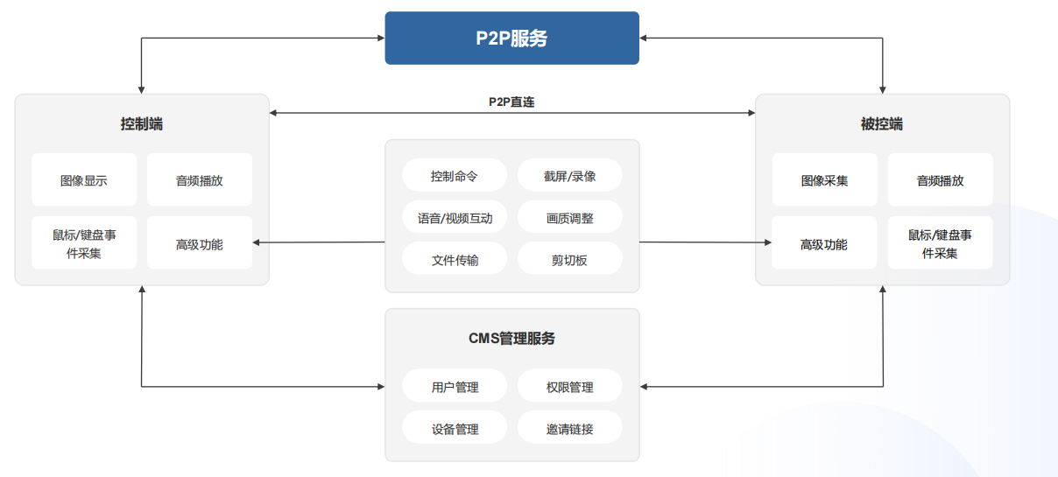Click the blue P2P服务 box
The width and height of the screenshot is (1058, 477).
pyautogui.click(x=511, y=38)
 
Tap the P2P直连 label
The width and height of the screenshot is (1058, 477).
pyautogui.click(x=511, y=102)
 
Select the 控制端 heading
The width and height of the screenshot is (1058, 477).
pyautogui.click(x=142, y=124)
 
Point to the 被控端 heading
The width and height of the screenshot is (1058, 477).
pyautogui.click(x=882, y=124)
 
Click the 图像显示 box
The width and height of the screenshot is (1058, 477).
pyautogui.click(x=84, y=180)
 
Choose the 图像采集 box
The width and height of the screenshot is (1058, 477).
pyautogui.click(x=824, y=180)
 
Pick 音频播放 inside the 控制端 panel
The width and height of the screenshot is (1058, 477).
pyautogui.click(x=200, y=180)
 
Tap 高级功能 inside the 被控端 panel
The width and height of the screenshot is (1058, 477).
pyautogui.click(x=824, y=244)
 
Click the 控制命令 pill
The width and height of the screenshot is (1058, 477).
pyautogui.click(x=455, y=175)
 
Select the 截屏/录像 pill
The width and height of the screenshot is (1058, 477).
pyautogui.click(x=569, y=175)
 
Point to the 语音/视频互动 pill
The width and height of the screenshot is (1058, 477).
pyautogui.click(x=455, y=218)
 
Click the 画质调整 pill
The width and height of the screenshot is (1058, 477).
pyautogui.click(x=569, y=218)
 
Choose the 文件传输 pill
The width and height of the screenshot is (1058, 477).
pyautogui.click(x=455, y=260)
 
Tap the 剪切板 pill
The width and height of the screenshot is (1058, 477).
pyautogui.click(x=569, y=260)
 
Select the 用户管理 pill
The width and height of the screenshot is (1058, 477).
pyautogui.click(x=455, y=387)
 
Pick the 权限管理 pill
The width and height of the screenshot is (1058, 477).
pyautogui.click(x=569, y=387)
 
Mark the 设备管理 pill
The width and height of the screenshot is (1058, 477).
pyautogui.click(x=455, y=429)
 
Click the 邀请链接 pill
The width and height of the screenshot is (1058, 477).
pyautogui.click(x=569, y=429)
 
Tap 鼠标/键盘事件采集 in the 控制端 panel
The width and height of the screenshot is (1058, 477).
pyautogui.click(x=84, y=244)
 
